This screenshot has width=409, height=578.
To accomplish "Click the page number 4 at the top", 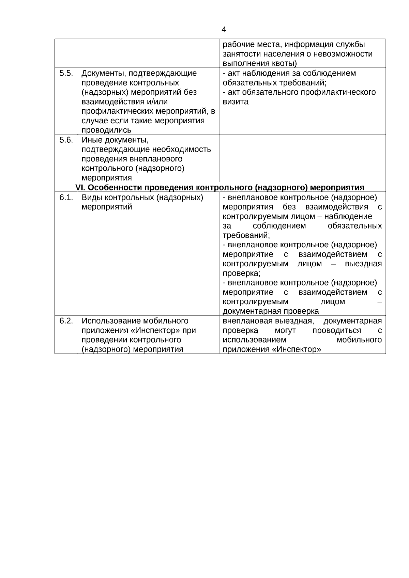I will tap(224, 30).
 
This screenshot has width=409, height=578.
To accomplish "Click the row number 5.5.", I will tap(66, 73).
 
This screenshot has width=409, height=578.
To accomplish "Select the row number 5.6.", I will tap(66, 140).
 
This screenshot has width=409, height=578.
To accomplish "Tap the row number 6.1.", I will tap(66, 198).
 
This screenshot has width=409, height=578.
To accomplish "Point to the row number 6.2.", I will tap(66, 321).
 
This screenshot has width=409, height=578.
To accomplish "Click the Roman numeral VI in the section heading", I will tap(79, 187).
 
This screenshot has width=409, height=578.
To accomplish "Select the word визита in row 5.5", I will tap(236, 102).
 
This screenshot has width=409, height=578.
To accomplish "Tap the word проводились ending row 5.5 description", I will tap(106, 130).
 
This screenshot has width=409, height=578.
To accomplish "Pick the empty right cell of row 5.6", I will tap(302, 158).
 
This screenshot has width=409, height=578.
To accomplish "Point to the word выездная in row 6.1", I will tap(363, 264).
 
